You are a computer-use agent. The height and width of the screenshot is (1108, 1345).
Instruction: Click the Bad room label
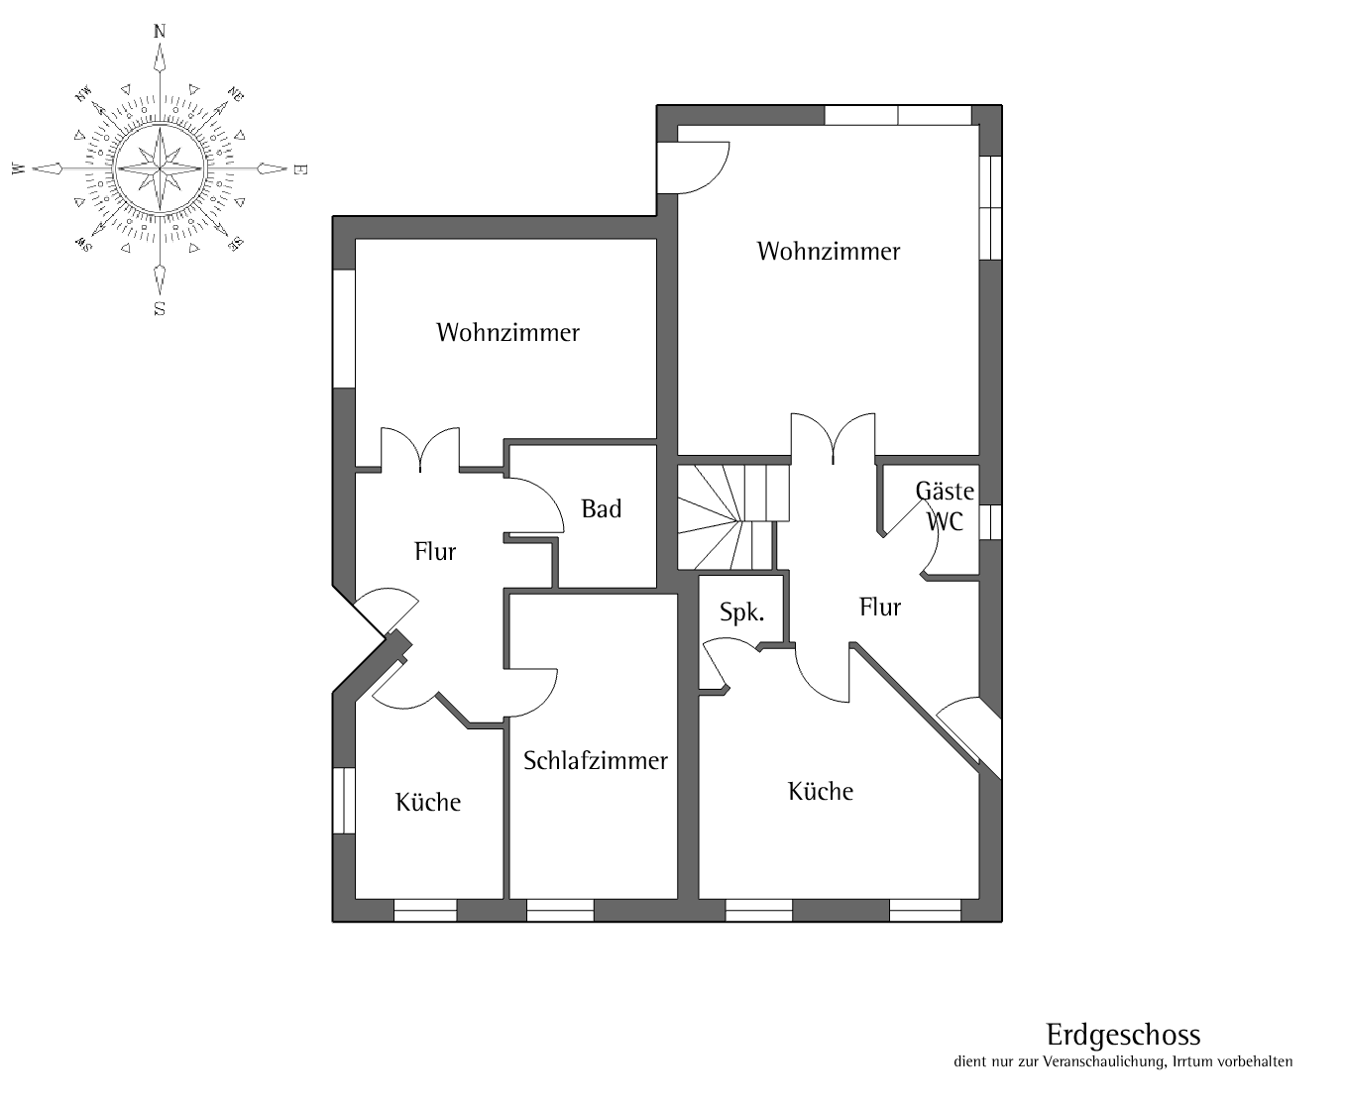pyautogui.click(x=601, y=509)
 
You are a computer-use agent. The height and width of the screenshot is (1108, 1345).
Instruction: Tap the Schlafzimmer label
pyautogui.click(x=596, y=761)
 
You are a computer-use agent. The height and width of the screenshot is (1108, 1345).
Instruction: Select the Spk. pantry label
pyautogui.click(x=742, y=612)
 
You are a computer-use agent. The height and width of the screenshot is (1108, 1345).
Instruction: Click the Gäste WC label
pyautogui.click(x=945, y=506)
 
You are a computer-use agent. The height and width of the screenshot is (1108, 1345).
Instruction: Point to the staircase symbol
pyautogui.click(x=733, y=517)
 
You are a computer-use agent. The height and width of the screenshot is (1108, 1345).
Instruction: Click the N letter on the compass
pyautogui.click(x=160, y=31)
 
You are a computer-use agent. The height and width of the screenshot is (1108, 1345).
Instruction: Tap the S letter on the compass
pyautogui.click(x=160, y=309)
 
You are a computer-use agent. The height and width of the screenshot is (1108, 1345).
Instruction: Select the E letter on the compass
pyautogui.click(x=299, y=169)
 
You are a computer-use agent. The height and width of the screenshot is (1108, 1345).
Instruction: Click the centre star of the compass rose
pyautogui.click(x=160, y=168)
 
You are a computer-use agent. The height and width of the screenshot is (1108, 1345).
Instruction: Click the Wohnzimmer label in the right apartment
pyautogui.click(x=829, y=252)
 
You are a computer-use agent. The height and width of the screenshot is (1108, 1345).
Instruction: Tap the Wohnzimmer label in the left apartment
pyautogui.click(x=507, y=332)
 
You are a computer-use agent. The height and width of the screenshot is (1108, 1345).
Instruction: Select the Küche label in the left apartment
pyautogui.click(x=428, y=802)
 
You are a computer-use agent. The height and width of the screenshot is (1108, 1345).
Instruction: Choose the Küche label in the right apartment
pyautogui.click(x=821, y=791)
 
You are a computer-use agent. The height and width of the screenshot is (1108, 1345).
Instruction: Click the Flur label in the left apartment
pyautogui.click(x=435, y=551)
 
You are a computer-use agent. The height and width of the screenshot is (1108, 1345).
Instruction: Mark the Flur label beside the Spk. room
pyautogui.click(x=880, y=607)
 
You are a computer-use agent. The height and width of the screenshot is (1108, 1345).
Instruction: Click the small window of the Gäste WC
pyautogui.click(x=991, y=521)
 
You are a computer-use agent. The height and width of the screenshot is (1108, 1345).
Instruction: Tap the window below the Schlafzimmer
pyautogui.click(x=560, y=910)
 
